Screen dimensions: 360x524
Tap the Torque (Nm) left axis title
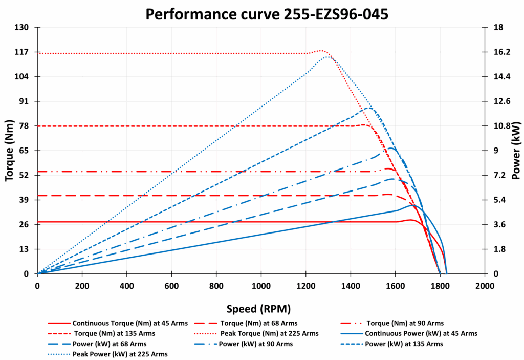pyautogui.click(x=9, y=151)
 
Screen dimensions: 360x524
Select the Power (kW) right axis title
pyautogui.click(x=516, y=151)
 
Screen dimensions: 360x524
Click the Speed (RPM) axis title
pyautogui.click(x=259, y=309)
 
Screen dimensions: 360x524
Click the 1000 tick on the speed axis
pyautogui.click(x=261, y=285)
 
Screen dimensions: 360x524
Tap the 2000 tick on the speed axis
pyautogui.click(x=485, y=285)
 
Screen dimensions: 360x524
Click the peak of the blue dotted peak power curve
pyautogui.click(x=327, y=57)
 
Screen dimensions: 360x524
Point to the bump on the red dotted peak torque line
pyautogui.click(x=322, y=51)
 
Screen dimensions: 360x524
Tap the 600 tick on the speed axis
pyautogui.click(x=171, y=285)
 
